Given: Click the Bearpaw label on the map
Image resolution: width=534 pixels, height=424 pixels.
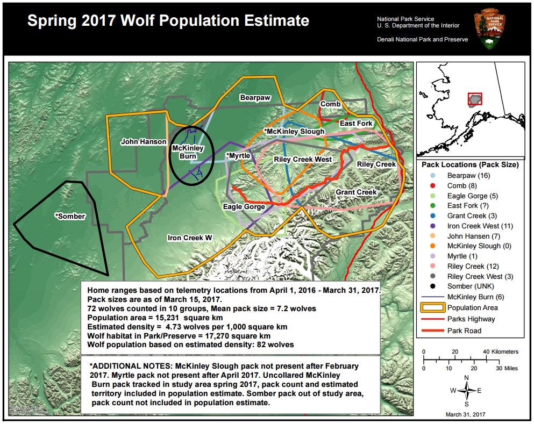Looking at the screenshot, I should (x=255, y=98).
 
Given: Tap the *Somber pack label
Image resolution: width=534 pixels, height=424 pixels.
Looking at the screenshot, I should (x=70, y=216).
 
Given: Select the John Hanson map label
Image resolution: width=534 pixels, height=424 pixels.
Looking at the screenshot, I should (x=143, y=142).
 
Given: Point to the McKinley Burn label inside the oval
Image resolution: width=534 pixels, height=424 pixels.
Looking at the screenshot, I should (x=188, y=152).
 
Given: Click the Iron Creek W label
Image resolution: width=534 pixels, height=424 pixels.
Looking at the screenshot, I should (x=190, y=238).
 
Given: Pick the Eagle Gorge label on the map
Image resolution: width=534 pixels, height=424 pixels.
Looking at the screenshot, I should (x=244, y=206).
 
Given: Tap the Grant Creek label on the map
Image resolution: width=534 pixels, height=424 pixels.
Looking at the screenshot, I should (x=356, y=192).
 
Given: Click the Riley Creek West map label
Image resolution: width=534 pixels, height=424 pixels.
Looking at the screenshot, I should (x=303, y=160).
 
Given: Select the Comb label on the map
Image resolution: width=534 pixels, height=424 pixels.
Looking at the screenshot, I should (x=330, y=104).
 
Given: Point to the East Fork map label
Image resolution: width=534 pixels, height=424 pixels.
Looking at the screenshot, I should (x=356, y=124).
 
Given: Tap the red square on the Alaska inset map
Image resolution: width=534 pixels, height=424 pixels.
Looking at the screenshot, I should (x=475, y=99).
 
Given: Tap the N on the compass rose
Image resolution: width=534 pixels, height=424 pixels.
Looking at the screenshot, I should (x=466, y=378).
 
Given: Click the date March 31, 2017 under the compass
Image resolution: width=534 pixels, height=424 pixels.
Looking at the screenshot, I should (x=466, y=415).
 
